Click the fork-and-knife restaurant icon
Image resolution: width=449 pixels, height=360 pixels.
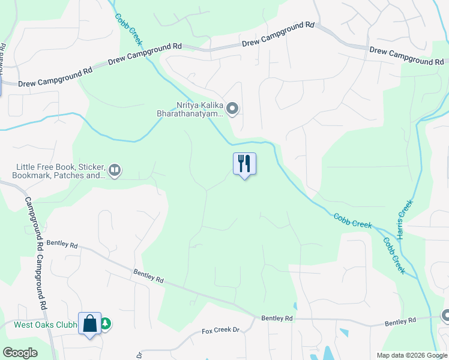click(244, 163)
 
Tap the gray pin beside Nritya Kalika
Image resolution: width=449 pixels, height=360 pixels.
click(233, 109)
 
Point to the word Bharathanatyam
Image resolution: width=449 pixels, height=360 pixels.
click(190, 113)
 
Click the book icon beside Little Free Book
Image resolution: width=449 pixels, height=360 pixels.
click(115, 171)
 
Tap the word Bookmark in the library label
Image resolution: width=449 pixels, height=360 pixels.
click(32, 176)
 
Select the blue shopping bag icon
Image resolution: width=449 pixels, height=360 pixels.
click(89, 323)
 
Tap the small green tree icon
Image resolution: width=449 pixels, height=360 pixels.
click(106, 323)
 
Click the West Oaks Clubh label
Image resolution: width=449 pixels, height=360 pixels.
click(46, 325)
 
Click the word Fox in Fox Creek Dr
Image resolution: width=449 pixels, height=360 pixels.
click(208, 331)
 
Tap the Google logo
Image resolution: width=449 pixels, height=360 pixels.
click(20, 353)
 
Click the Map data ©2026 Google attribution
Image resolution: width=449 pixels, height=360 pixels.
click(412, 355)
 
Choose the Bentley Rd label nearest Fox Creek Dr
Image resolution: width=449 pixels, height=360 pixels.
click(277, 317)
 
